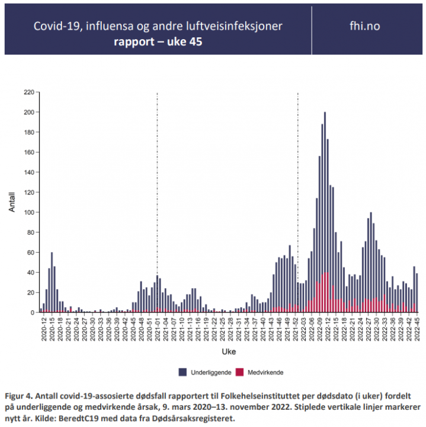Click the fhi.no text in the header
365,26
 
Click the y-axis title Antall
11,202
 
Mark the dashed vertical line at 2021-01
157,178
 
